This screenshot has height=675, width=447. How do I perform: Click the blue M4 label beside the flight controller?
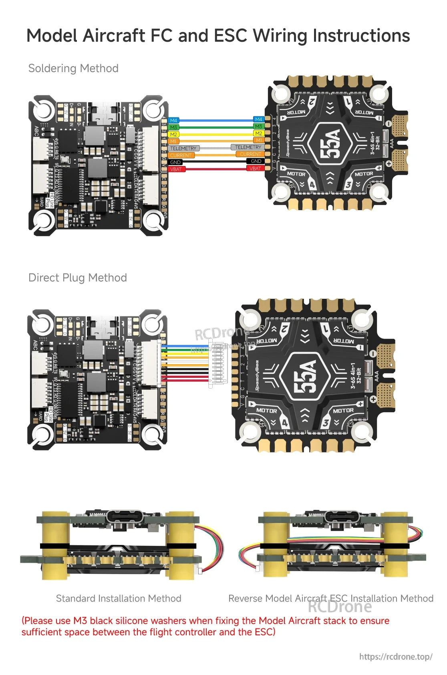point(173,120)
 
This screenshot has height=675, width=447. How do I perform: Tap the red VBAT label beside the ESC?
point(255,168)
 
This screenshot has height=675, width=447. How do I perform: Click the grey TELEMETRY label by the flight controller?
point(183,148)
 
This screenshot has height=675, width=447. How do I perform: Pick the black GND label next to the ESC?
point(256,161)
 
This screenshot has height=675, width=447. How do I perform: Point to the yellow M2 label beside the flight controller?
point(173,134)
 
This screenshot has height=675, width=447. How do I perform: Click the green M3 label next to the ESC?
point(258,126)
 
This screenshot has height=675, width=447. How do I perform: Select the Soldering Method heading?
point(73,68)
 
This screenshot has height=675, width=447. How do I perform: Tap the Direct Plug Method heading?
point(78,278)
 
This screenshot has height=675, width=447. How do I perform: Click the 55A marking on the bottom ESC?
point(306,376)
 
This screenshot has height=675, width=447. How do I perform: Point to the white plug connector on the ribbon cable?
point(217,363)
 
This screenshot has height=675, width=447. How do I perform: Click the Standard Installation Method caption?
point(119,598)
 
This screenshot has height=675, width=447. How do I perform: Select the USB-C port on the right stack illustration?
point(342,516)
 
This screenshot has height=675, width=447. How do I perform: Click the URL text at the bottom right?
point(396,657)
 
